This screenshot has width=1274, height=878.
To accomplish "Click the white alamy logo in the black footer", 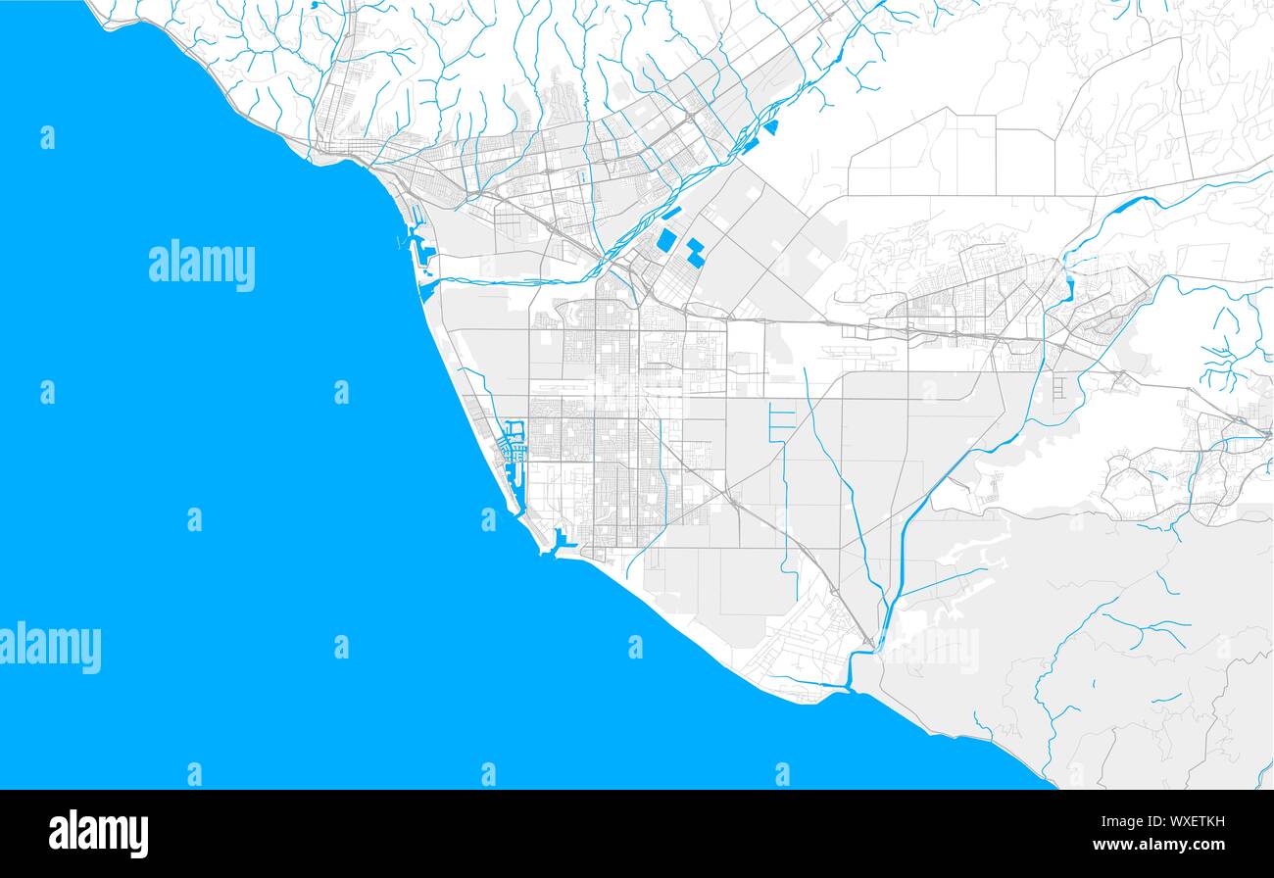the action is click(x=98, y=833).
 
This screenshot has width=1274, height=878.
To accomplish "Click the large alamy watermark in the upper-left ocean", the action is click(x=202, y=265).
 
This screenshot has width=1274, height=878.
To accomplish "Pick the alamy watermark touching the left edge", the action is click(x=50, y=648).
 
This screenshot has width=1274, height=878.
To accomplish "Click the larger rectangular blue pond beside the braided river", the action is click(x=666, y=241).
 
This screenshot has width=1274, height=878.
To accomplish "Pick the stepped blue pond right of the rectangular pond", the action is click(x=695, y=253).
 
